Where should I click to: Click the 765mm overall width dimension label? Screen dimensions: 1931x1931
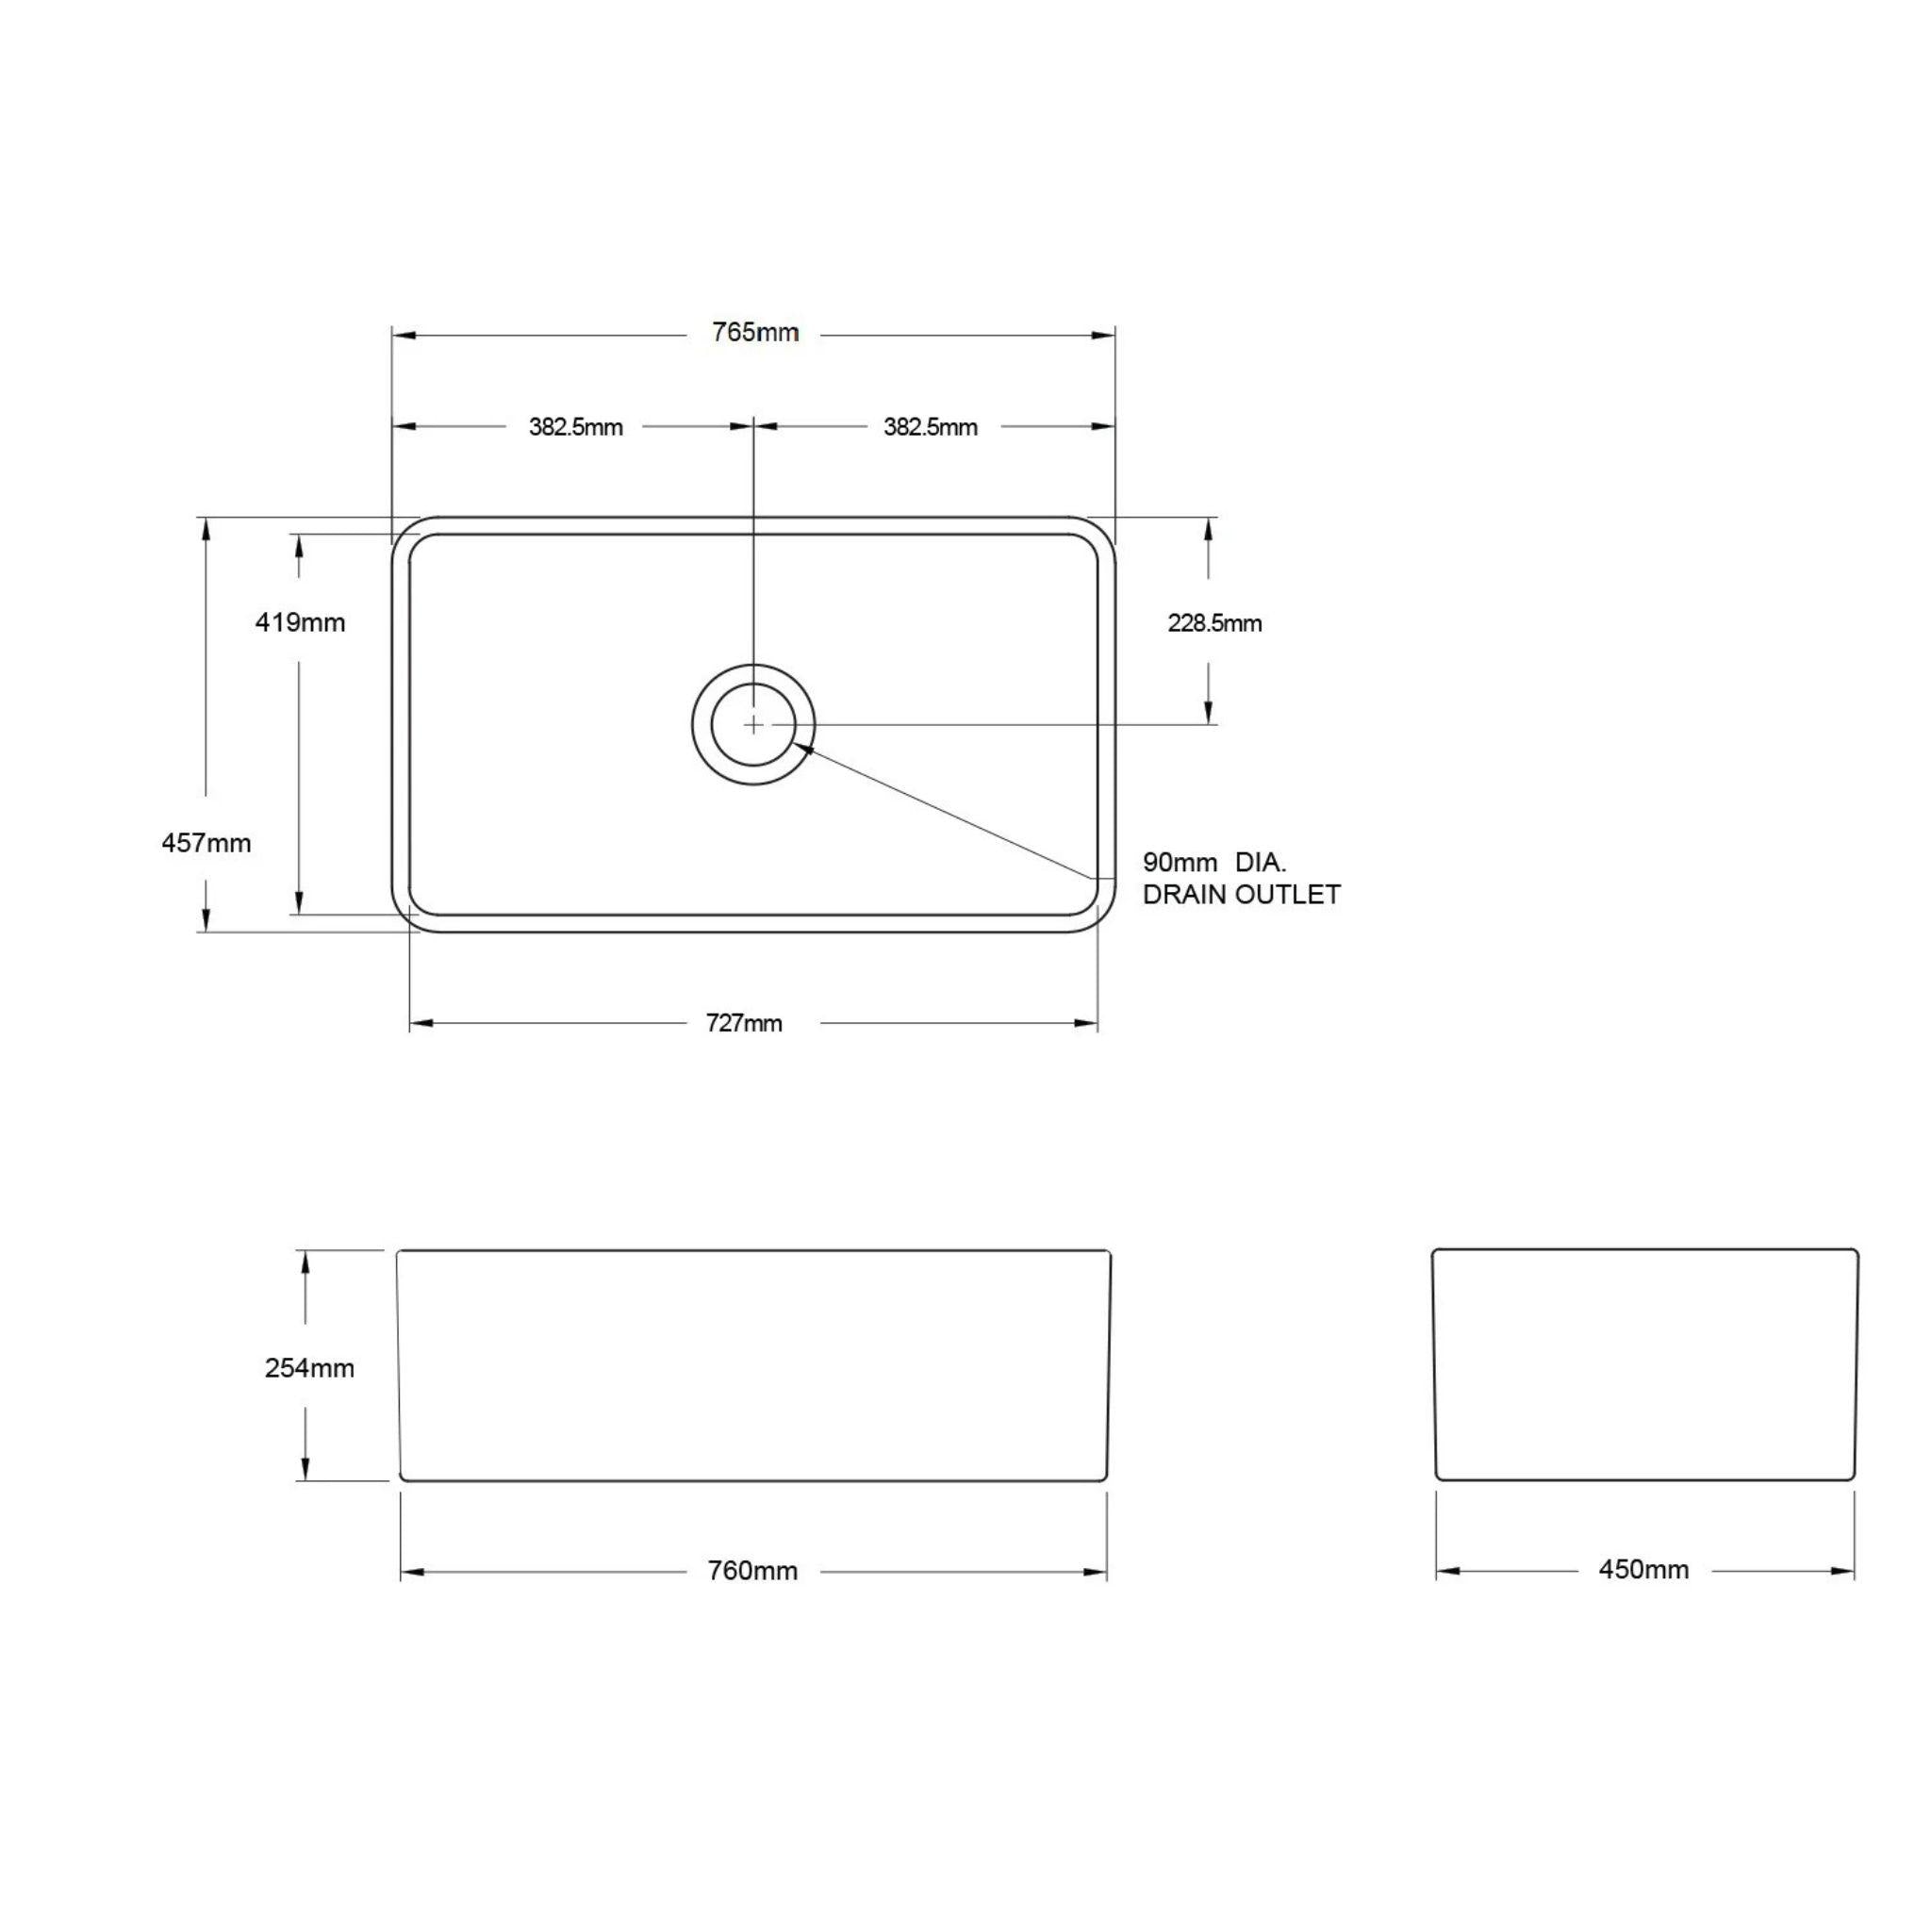754,333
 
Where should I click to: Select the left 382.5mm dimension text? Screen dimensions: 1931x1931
576,428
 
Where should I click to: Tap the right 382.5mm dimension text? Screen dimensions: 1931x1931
930,428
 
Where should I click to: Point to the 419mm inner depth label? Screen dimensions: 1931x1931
300,622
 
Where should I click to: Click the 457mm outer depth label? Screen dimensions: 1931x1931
206,844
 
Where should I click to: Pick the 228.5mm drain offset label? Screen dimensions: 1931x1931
1214,623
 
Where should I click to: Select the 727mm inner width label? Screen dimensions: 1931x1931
744,1023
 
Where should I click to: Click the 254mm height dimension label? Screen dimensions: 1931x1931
309,1368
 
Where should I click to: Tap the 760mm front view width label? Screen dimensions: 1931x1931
751,1571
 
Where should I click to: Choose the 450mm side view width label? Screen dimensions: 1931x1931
1643,1570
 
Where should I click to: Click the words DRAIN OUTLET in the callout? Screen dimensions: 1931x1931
1241,895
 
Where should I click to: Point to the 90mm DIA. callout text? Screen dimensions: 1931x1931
1214,863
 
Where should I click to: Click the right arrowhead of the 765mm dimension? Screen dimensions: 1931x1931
1104,335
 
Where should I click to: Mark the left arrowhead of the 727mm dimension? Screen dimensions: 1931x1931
421,1023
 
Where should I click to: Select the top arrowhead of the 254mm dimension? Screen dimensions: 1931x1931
305,1262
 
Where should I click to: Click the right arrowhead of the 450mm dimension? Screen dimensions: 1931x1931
1844,1571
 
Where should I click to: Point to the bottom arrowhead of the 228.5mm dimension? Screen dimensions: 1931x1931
1210,711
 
